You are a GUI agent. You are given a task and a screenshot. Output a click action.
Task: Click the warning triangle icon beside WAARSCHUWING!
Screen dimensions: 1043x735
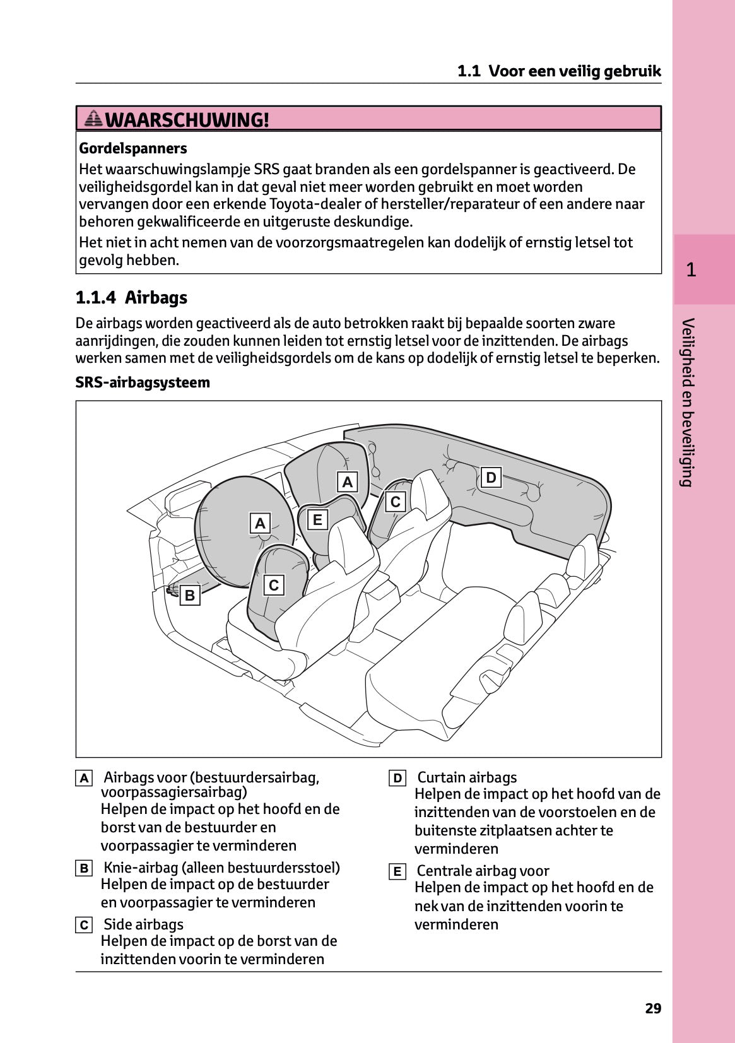(x=93, y=118)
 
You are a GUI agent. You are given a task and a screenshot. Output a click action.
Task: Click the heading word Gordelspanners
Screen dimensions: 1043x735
(x=133, y=148)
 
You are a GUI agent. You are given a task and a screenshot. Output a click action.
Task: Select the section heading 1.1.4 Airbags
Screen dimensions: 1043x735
(x=131, y=297)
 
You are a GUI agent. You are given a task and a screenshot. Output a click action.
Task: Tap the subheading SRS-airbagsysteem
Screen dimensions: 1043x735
(x=143, y=382)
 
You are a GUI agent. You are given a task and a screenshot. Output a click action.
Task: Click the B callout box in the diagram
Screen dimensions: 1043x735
(x=190, y=595)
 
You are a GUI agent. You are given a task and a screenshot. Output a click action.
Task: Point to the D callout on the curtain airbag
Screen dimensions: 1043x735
(x=491, y=478)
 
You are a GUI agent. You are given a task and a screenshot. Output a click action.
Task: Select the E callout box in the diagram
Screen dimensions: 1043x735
(x=317, y=519)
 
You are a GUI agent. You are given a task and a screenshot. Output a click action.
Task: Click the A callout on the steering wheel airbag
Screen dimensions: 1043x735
(x=260, y=523)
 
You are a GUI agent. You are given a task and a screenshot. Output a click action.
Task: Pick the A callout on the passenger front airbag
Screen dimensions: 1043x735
(x=347, y=482)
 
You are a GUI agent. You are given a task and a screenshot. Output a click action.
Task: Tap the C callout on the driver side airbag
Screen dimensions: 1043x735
(x=273, y=585)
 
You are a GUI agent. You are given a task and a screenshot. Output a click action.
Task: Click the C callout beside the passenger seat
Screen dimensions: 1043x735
(x=396, y=502)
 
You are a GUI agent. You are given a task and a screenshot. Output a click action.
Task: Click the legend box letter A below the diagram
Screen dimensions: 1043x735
(x=83, y=778)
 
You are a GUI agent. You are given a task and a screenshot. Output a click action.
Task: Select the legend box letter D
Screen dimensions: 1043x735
(x=397, y=778)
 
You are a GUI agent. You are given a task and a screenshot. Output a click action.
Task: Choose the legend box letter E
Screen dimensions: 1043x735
(x=397, y=871)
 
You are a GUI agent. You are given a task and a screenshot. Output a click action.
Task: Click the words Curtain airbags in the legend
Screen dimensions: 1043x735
(x=467, y=777)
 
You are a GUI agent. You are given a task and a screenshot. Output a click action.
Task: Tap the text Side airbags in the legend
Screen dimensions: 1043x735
(x=143, y=924)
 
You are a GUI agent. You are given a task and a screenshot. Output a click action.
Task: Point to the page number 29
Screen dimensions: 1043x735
(x=653, y=1008)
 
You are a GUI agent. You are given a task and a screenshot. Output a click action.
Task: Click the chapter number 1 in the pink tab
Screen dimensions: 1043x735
(x=691, y=269)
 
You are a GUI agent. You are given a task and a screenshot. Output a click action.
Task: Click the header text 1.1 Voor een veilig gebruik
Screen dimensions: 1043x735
(x=559, y=71)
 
